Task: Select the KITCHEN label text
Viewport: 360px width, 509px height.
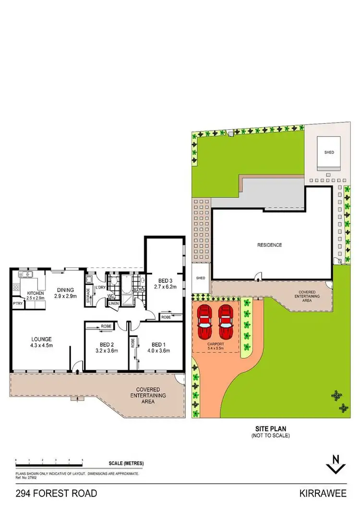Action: click(36, 293)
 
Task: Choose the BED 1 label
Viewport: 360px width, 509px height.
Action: click(158, 344)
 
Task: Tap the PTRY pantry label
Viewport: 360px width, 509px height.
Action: click(18, 303)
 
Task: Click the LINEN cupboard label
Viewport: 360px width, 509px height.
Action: click(114, 303)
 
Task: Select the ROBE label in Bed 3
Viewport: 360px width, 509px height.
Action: click(166, 317)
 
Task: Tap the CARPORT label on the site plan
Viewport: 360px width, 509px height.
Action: click(215, 344)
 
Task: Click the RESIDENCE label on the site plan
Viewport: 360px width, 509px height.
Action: click(269, 245)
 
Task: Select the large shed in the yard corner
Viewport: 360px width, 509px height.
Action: click(329, 153)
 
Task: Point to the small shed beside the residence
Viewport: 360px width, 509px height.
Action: click(201, 278)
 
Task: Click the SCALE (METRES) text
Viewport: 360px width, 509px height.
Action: click(126, 463)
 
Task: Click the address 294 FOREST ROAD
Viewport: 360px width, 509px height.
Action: click(56, 494)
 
